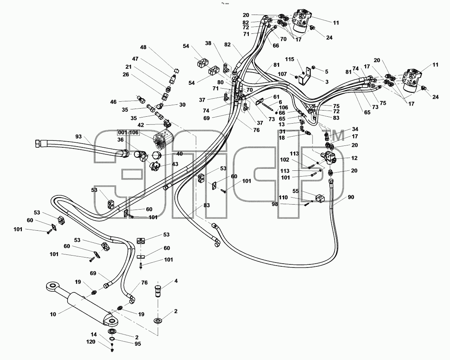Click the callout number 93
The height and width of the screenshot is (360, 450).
pos(78,137)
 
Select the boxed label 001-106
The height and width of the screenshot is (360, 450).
pos(128,132)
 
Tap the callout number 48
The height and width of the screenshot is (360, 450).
pos(143,47)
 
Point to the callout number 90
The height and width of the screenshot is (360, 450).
pos(351,197)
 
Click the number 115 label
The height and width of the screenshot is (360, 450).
pos(290,59)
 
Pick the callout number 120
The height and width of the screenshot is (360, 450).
pos(91,342)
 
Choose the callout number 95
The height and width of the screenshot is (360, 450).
pos(138,343)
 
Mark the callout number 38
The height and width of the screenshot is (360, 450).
pos(208,43)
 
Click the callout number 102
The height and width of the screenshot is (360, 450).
pos(285,160)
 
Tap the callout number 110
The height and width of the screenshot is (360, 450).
pos(283,197)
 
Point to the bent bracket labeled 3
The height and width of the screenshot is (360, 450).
pos(305,76)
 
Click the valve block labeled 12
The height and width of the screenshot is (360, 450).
pos(329,157)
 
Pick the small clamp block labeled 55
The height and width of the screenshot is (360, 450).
pos(320,198)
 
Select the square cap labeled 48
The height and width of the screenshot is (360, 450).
pos(177,70)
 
